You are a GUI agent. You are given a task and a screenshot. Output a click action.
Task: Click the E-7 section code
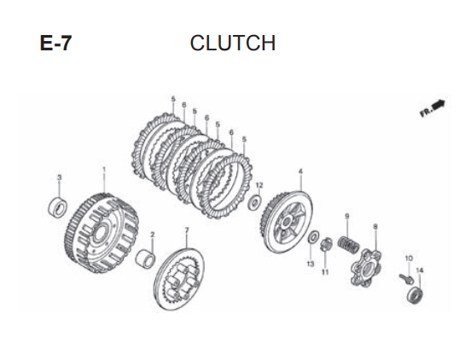pyautogui.click(x=55, y=44)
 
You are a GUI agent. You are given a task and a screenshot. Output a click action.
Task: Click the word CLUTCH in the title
pyautogui.click(x=233, y=43)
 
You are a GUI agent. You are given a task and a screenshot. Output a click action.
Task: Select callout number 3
pyautogui.click(x=60, y=177)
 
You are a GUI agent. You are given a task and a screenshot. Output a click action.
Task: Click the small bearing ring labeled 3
pyautogui.click(x=58, y=206)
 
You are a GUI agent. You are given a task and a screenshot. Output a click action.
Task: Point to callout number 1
pyautogui.click(x=104, y=170)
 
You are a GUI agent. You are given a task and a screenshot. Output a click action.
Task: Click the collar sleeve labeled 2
pyautogui.click(x=145, y=258)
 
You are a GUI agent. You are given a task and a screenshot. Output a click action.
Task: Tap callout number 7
pyautogui.click(x=187, y=230)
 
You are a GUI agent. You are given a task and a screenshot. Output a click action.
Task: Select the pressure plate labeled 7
pyautogui.click(x=179, y=279)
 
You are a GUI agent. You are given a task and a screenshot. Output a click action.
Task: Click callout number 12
pyautogui.click(x=259, y=185)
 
